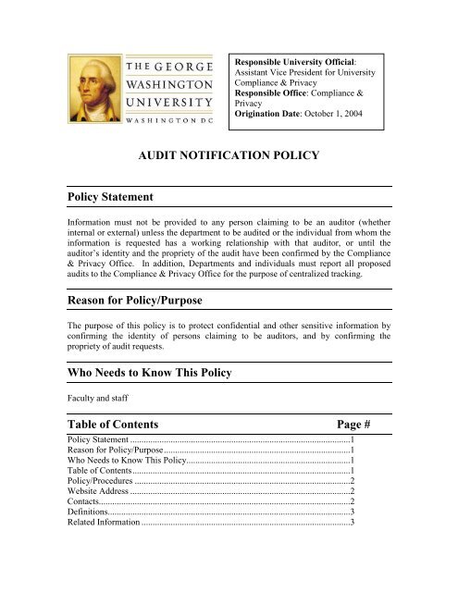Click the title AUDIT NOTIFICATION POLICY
click(x=228, y=157)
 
